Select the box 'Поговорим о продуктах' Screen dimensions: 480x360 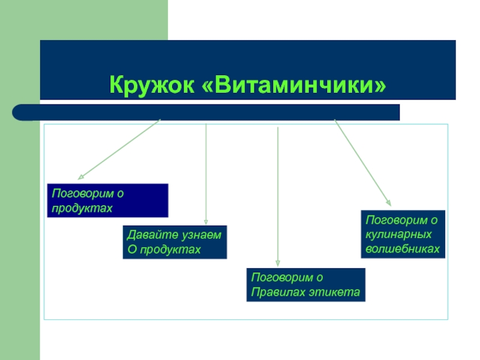(107, 200)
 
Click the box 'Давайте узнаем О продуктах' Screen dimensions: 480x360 (175, 242)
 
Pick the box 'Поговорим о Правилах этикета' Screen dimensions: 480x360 (305, 285)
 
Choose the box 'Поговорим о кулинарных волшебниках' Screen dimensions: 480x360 (403, 234)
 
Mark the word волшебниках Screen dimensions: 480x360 (403, 248)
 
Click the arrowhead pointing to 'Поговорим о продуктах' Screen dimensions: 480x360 (80, 178)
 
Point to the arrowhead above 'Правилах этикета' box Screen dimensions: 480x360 (277, 262)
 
